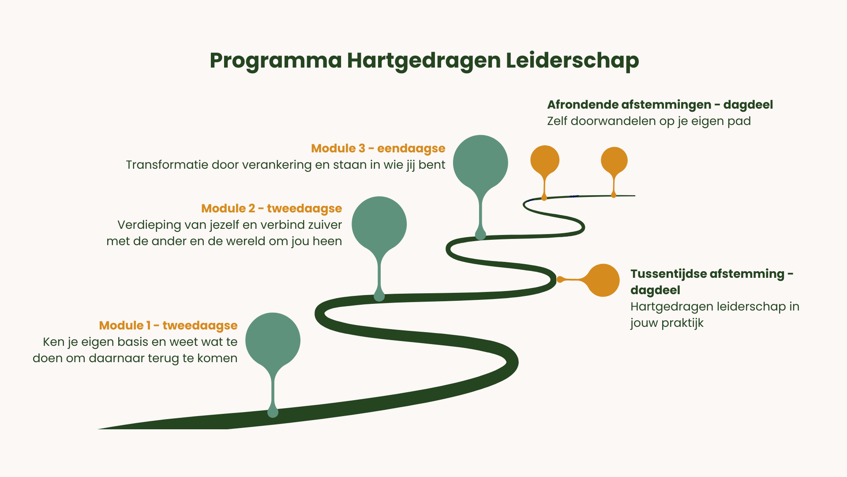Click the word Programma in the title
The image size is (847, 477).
[275, 61]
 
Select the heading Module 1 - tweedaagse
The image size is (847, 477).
[168, 326]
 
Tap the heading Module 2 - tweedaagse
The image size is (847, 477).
[271, 208]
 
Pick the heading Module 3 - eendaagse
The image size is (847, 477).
[378, 148]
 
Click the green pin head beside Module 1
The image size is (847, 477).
[273, 340]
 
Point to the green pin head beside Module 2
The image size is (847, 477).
[379, 224]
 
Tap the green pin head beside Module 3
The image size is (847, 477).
[480, 162]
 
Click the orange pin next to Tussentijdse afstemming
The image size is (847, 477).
[603, 280]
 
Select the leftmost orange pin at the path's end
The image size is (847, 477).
[545, 160]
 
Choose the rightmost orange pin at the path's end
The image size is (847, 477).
[614, 160]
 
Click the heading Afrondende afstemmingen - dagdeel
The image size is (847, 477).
[660, 105]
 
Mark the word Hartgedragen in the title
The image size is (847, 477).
[423, 61]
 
